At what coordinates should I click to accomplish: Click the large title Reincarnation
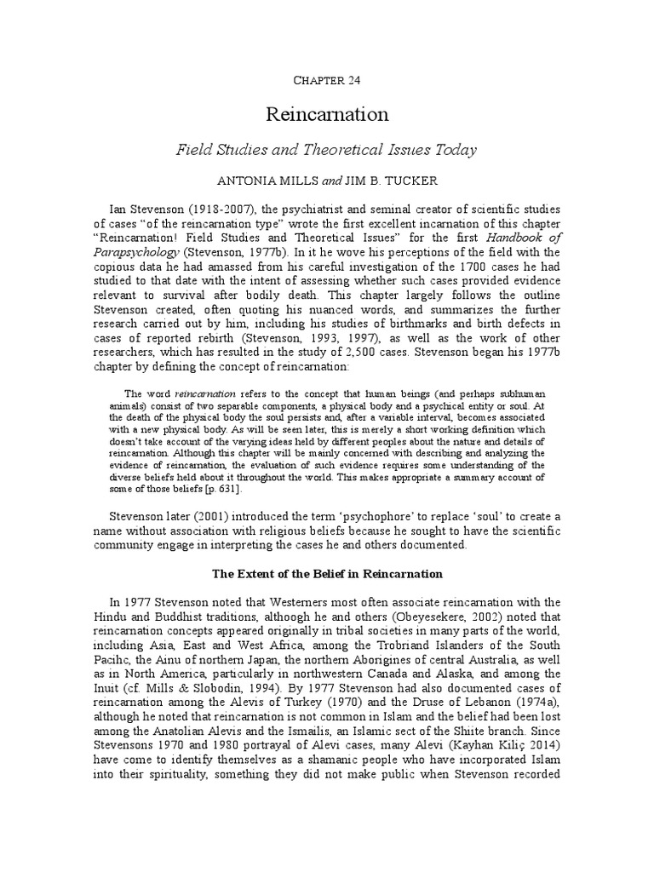point(327,114)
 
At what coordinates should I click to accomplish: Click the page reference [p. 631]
point(219,489)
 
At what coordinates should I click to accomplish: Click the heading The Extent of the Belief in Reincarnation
point(327,574)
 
